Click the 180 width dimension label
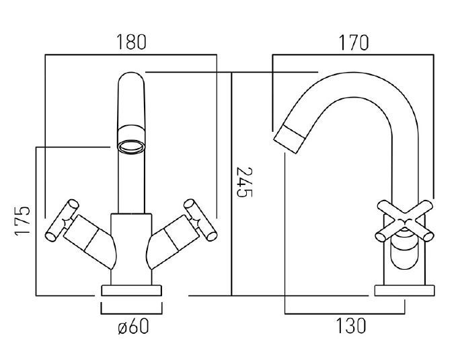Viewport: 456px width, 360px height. (131, 42)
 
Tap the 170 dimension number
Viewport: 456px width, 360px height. (353, 42)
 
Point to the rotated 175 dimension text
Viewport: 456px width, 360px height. (22, 221)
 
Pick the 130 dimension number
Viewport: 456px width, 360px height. (350, 327)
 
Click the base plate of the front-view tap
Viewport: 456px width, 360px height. (132, 291)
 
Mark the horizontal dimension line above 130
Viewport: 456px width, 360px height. (344, 313)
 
